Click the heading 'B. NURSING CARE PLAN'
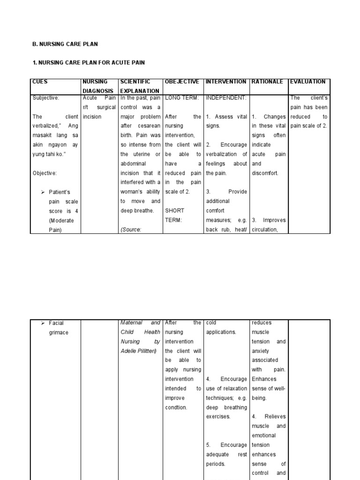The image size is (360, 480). pos(65,44)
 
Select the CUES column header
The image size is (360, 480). pos(40,82)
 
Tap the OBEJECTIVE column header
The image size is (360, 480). pos(182,82)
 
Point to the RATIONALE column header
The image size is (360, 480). pos(267,82)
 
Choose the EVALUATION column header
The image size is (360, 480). pos(308,82)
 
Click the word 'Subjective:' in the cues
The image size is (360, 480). pos(46,98)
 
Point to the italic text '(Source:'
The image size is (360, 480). pos(131,229)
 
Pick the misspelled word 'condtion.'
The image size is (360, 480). pos(176,407)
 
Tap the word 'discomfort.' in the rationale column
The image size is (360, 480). pos(265,173)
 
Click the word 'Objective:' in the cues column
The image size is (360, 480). pos(45,173)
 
